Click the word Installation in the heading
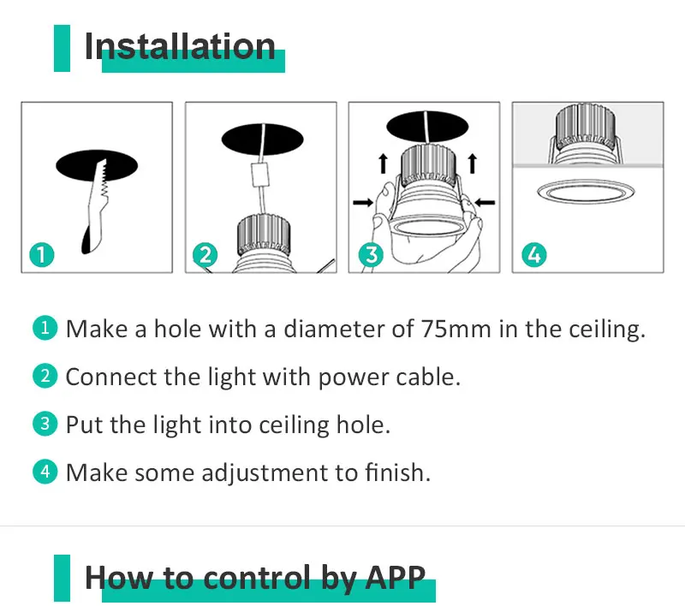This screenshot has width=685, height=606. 180,46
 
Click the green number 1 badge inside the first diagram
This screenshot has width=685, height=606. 41,254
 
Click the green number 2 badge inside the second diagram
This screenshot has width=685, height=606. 205,254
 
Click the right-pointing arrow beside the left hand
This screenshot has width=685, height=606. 363,202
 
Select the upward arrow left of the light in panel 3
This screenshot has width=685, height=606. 384,163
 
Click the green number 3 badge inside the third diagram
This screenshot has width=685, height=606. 369,254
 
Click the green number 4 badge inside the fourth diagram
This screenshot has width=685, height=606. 533,254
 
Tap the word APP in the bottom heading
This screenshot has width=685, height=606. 393,578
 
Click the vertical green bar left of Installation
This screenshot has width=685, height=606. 62,48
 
